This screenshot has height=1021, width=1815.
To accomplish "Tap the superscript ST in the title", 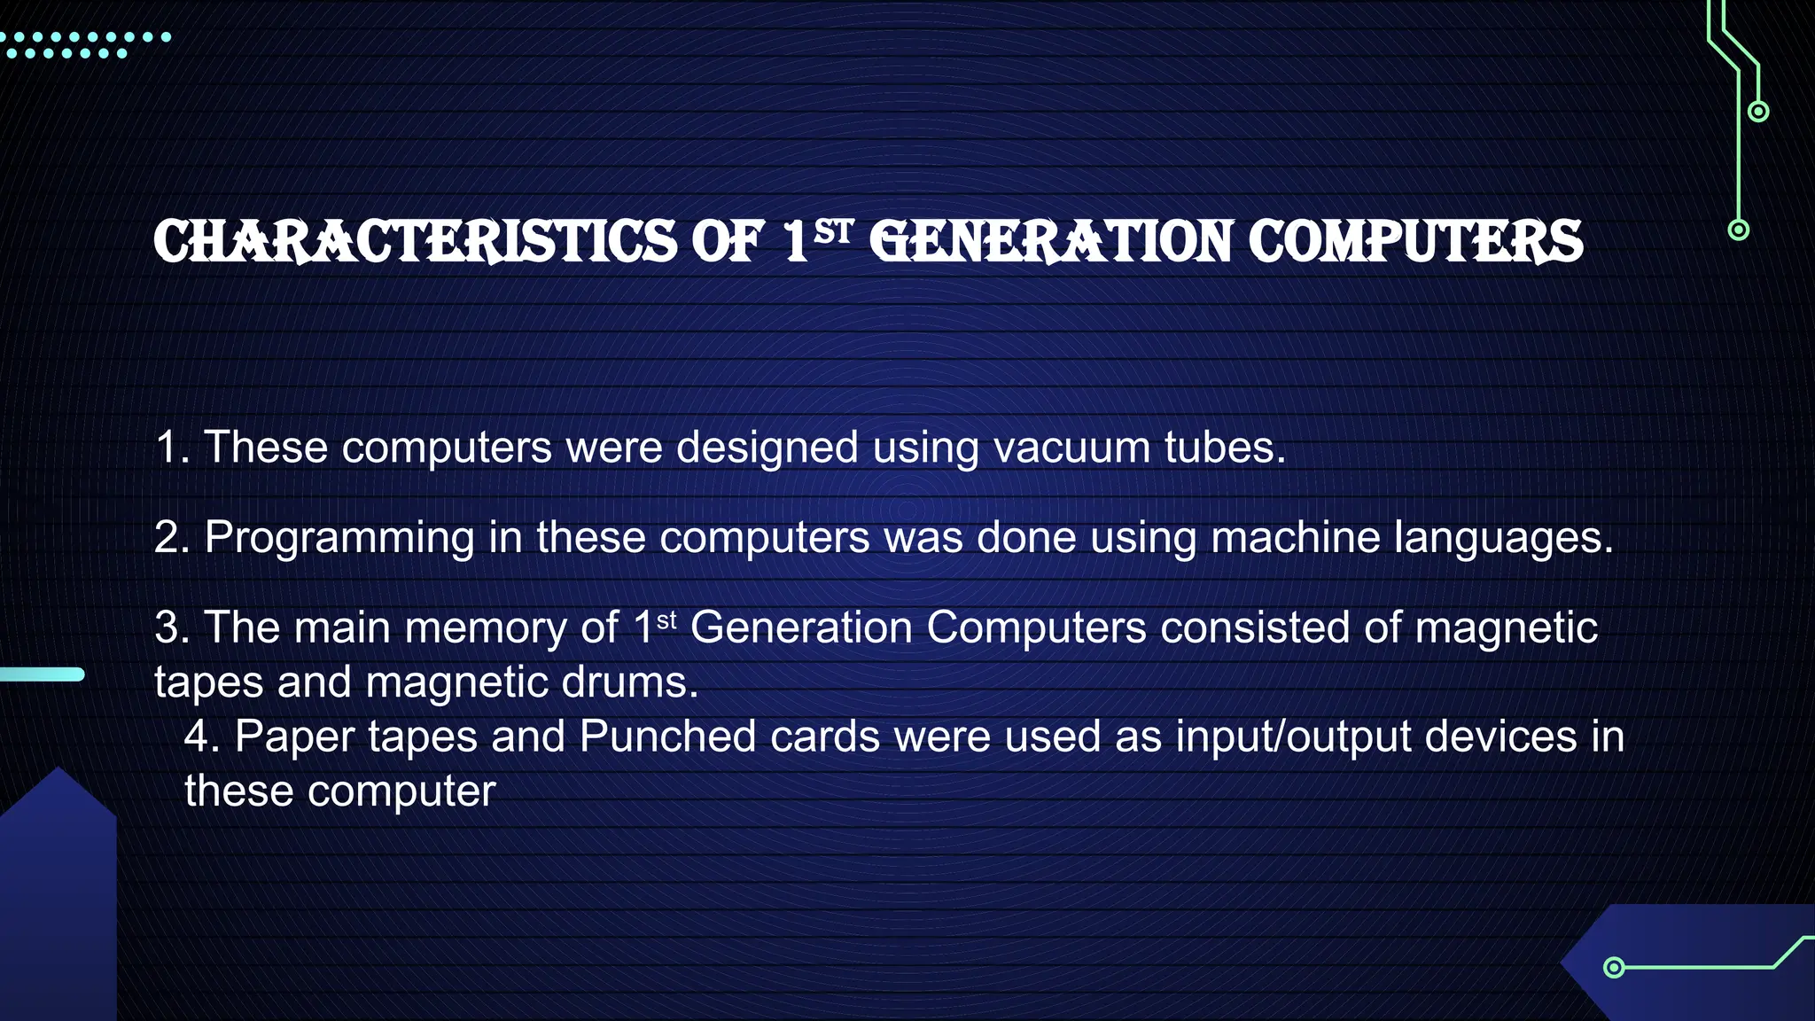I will [x=833, y=232].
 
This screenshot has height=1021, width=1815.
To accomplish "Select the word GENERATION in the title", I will [x=1051, y=242].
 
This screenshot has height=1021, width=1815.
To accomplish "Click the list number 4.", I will [x=201, y=737].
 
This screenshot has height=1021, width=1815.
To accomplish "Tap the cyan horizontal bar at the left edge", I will [x=42, y=674].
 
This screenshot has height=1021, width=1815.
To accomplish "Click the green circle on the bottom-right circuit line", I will [x=1614, y=967].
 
